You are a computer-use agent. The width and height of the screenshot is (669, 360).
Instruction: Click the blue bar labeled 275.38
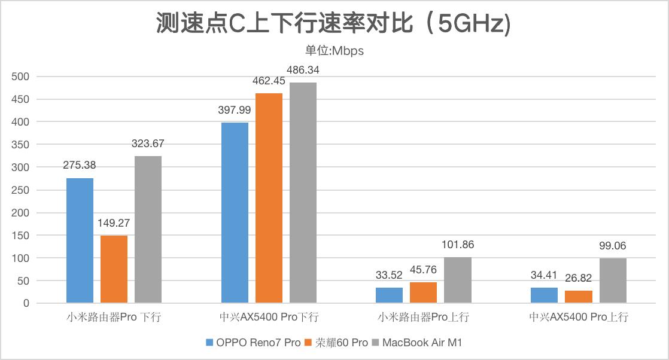pyautogui.click(x=80, y=240)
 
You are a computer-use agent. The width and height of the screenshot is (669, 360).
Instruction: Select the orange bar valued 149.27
pyautogui.click(x=114, y=269)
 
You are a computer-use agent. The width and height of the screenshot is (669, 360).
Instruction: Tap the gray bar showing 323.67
pyautogui.click(x=148, y=230)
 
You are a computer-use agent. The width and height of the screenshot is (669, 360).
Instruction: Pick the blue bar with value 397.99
pyautogui.click(x=235, y=213)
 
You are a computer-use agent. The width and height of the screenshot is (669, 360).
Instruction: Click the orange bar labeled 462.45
pyautogui.click(x=269, y=198)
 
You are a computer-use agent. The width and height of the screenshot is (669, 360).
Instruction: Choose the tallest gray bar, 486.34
pyautogui.click(x=303, y=193)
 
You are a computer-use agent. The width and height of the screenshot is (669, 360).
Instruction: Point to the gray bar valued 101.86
pyautogui.click(x=458, y=280)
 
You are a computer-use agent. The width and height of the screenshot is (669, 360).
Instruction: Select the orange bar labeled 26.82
pyautogui.click(x=579, y=297)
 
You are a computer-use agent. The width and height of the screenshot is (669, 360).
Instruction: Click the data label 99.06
pyautogui.click(x=613, y=246)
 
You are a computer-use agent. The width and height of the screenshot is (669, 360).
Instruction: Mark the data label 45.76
pyautogui.click(x=424, y=270)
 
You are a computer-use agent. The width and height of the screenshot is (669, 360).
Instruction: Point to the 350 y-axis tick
pyautogui.click(x=21, y=145)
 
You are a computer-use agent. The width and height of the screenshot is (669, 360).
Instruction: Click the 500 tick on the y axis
pyautogui.click(x=21, y=77)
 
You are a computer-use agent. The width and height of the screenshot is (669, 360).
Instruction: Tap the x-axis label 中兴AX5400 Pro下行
pyautogui.click(x=269, y=318)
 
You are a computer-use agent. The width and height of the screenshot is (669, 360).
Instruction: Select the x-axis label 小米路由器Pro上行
pyautogui.click(x=424, y=318)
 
